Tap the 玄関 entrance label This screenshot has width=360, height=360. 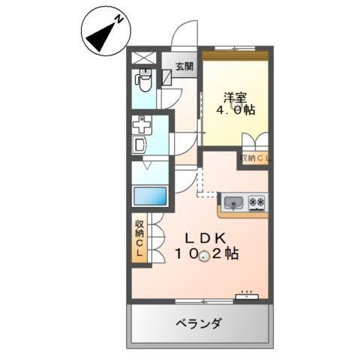184,66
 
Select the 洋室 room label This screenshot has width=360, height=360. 235,96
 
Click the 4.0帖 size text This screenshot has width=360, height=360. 235,110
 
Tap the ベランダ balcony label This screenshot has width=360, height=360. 199,324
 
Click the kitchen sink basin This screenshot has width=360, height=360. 233,201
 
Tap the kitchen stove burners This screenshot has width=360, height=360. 256,201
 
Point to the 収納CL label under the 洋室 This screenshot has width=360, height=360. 256,157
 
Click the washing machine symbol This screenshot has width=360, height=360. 142,124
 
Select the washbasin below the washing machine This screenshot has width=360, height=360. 140,144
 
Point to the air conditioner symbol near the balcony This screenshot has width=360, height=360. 246,296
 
